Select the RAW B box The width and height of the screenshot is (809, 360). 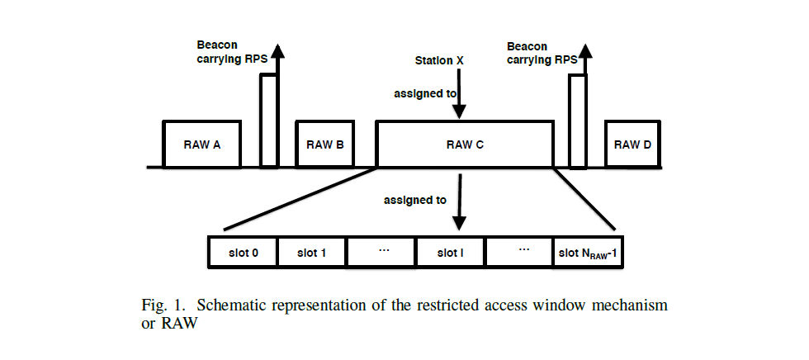coord(324,144)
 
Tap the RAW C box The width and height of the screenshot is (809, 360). coord(465,144)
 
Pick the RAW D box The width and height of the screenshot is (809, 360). coord(632,144)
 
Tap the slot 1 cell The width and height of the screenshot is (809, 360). coord(312,253)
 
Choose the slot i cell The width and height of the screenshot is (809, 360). coord(450,253)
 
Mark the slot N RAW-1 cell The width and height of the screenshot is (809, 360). coord(588,253)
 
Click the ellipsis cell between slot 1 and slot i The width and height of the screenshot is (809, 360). coord(381,253)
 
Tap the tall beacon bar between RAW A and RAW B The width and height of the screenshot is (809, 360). coord(268,120)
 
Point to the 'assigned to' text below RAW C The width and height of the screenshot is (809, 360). coord(415,201)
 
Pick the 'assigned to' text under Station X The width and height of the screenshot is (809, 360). coord(425,94)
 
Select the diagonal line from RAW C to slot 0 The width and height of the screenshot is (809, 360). coord(301,198)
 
